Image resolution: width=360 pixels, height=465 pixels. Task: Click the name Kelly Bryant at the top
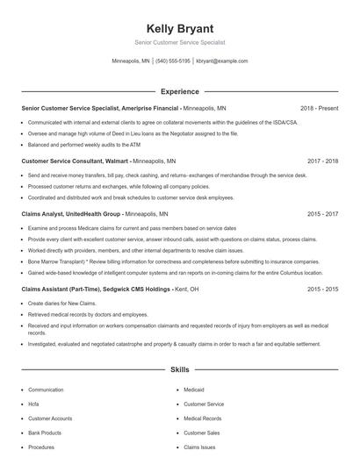click(x=179, y=29)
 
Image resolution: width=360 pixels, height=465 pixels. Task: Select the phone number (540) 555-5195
click(x=174, y=61)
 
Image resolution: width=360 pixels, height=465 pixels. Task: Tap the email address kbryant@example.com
click(x=221, y=61)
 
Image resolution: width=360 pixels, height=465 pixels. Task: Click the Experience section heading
click(x=179, y=91)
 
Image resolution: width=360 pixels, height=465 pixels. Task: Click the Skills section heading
click(x=179, y=371)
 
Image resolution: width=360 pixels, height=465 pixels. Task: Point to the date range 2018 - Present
click(x=319, y=108)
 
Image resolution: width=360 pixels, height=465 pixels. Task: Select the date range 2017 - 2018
click(x=322, y=161)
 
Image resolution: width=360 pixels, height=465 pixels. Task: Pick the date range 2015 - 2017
click(x=322, y=213)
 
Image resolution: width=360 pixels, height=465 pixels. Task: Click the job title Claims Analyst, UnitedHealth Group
click(x=70, y=213)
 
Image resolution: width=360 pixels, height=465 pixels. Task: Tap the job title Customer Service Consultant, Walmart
click(x=75, y=161)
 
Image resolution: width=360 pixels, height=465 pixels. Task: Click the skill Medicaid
click(x=193, y=390)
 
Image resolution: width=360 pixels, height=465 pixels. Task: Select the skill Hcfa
click(x=33, y=404)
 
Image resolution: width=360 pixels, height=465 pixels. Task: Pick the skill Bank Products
click(x=44, y=433)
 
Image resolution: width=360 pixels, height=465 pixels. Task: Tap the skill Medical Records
click(x=202, y=418)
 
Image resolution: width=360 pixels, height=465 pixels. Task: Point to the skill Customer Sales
click(x=201, y=433)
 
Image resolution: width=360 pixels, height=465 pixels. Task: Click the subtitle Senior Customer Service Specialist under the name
click(x=179, y=42)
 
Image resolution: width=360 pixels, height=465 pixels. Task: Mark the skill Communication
click(x=46, y=390)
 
